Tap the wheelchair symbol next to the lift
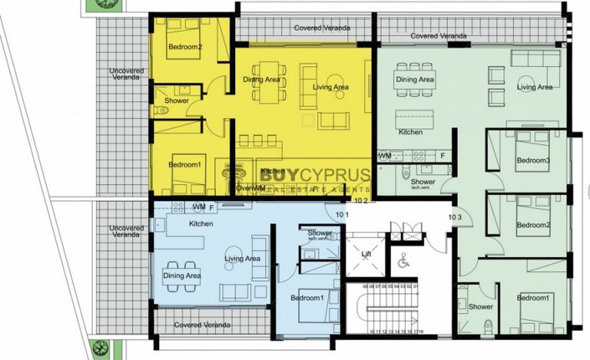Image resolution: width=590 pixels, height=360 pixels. tap(402, 262)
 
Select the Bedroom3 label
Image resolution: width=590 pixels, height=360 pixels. tap(532, 160)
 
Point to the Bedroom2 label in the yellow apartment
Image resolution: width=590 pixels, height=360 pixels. tap(185, 47)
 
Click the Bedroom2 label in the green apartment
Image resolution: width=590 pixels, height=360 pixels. tap(532, 225)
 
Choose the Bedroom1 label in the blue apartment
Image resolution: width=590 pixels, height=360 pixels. tap(307, 298)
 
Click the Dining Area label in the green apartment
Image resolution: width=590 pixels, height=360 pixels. tap(415, 80)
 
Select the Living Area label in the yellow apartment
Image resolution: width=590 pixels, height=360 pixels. tap(330, 86)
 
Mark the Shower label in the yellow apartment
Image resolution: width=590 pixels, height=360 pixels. tap(177, 100)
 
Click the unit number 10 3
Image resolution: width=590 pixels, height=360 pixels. tap(455, 217)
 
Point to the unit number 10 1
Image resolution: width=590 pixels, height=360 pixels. tap(341, 215)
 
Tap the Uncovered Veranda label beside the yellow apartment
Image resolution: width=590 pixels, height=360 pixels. tap(126, 76)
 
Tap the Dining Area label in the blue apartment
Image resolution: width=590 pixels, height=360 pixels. tap(182, 276)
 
